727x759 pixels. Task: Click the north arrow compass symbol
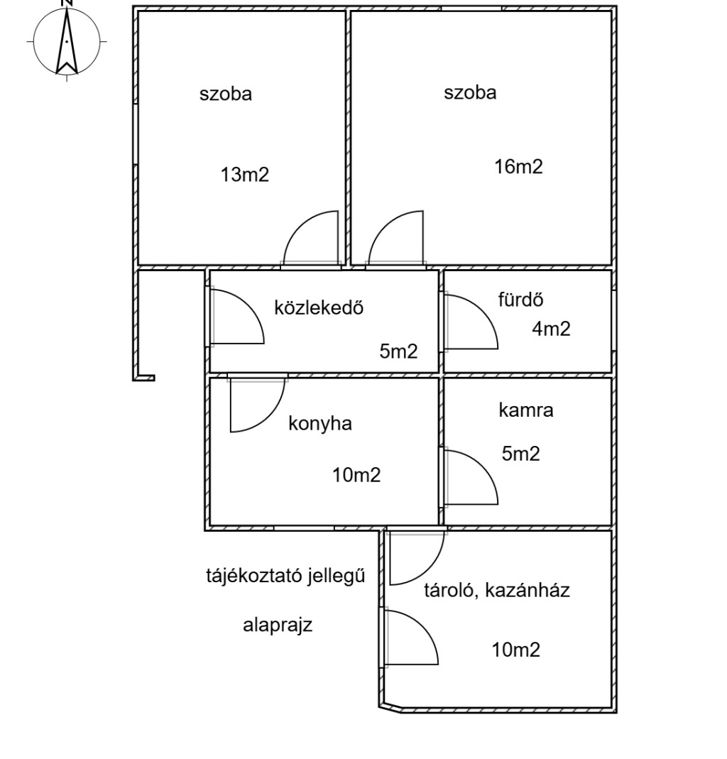pos(67,41)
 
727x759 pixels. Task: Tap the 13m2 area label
pos(245,175)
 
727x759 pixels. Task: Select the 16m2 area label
pos(518,167)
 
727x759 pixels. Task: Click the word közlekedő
pos(319,307)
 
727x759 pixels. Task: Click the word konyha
pos(320,423)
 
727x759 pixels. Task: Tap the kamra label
pos(525,410)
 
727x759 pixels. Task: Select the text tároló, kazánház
pos(497,590)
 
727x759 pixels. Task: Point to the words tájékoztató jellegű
pos(285,576)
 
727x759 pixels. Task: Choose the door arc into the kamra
pos(471,476)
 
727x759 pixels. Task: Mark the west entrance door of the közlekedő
pos(237,317)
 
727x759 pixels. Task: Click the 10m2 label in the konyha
pos(356,475)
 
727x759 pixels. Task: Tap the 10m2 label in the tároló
pos(516,649)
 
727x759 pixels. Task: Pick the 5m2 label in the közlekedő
pos(398,351)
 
